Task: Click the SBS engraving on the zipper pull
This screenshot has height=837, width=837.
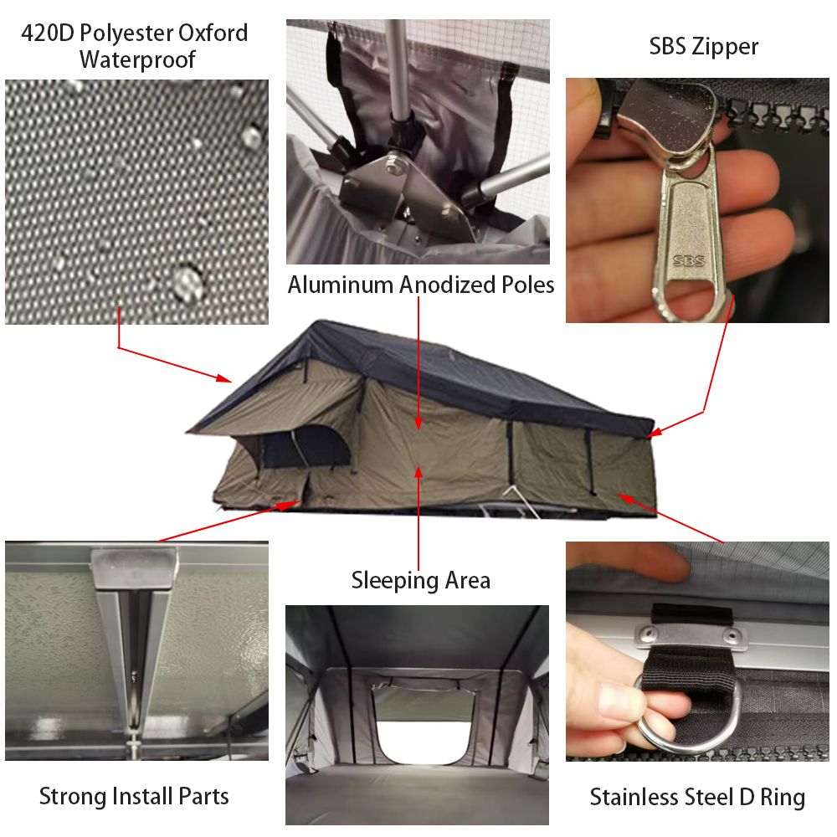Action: (x=689, y=260)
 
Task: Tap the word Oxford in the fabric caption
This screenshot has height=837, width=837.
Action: (x=213, y=33)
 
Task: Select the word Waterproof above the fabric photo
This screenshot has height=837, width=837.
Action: (x=137, y=59)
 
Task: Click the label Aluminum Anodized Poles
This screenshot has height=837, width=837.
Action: (x=421, y=285)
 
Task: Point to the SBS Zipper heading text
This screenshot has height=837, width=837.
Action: (x=703, y=46)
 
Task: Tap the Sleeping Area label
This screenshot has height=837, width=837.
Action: (x=421, y=580)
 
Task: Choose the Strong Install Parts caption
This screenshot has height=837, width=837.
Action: (x=134, y=796)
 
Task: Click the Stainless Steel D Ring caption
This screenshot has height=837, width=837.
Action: (x=697, y=797)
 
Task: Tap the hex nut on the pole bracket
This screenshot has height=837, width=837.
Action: (x=397, y=162)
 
